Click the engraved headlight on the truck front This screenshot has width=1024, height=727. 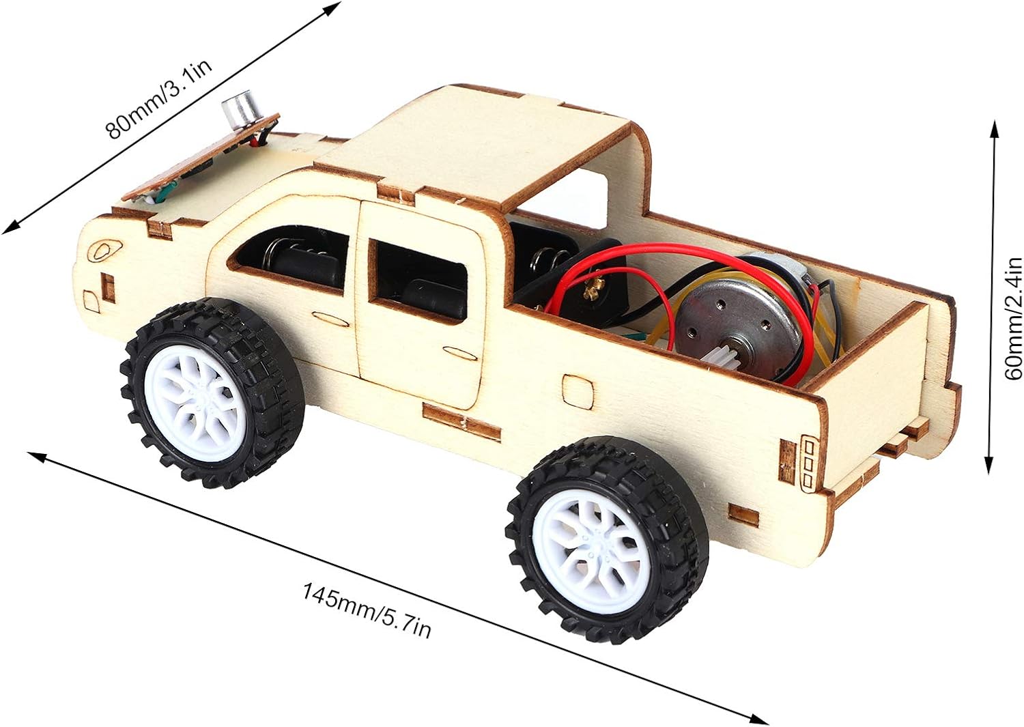[x=106, y=251]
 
